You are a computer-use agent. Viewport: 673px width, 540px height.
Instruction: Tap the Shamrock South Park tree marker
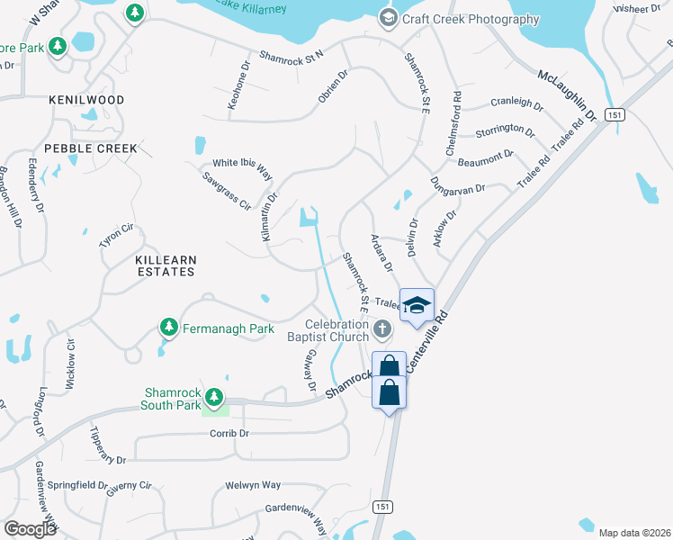tap(213, 396)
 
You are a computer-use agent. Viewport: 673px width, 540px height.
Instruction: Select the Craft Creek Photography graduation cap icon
tap(389, 18)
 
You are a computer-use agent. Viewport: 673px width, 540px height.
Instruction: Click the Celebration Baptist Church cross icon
tap(382, 329)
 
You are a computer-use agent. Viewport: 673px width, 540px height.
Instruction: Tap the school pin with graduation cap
tap(417, 305)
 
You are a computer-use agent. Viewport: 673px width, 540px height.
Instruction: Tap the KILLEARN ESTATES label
tap(165, 265)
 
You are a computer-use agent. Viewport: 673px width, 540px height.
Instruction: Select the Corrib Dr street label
tap(231, 433)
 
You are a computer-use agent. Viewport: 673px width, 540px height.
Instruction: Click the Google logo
tap(31, 528)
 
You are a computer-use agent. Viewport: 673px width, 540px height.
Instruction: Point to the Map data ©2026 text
tap(633, 533)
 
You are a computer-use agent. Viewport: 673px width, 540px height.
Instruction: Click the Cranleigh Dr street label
tap(516, 105)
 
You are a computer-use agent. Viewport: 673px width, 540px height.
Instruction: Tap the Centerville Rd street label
tap(426, 342)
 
